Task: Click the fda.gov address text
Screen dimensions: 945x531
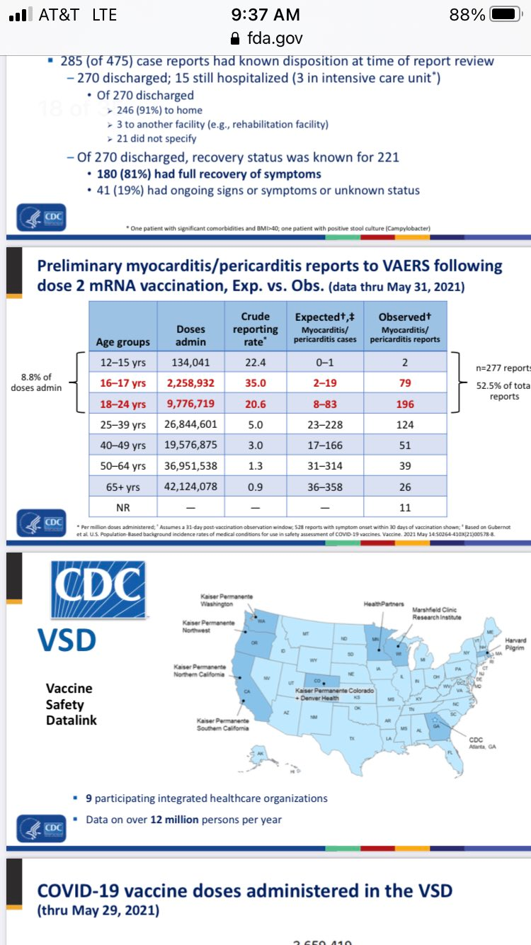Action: [x=273, y=38]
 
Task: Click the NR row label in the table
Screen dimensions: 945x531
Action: [x=122, y=507]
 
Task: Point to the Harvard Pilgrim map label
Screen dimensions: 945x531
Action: [x=515, y=644]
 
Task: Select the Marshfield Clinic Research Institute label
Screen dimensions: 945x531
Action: [x=436, y=613]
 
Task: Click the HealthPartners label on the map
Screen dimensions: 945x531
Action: [x=384, y=604]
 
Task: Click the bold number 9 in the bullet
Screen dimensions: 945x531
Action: [x=89, y=798]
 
